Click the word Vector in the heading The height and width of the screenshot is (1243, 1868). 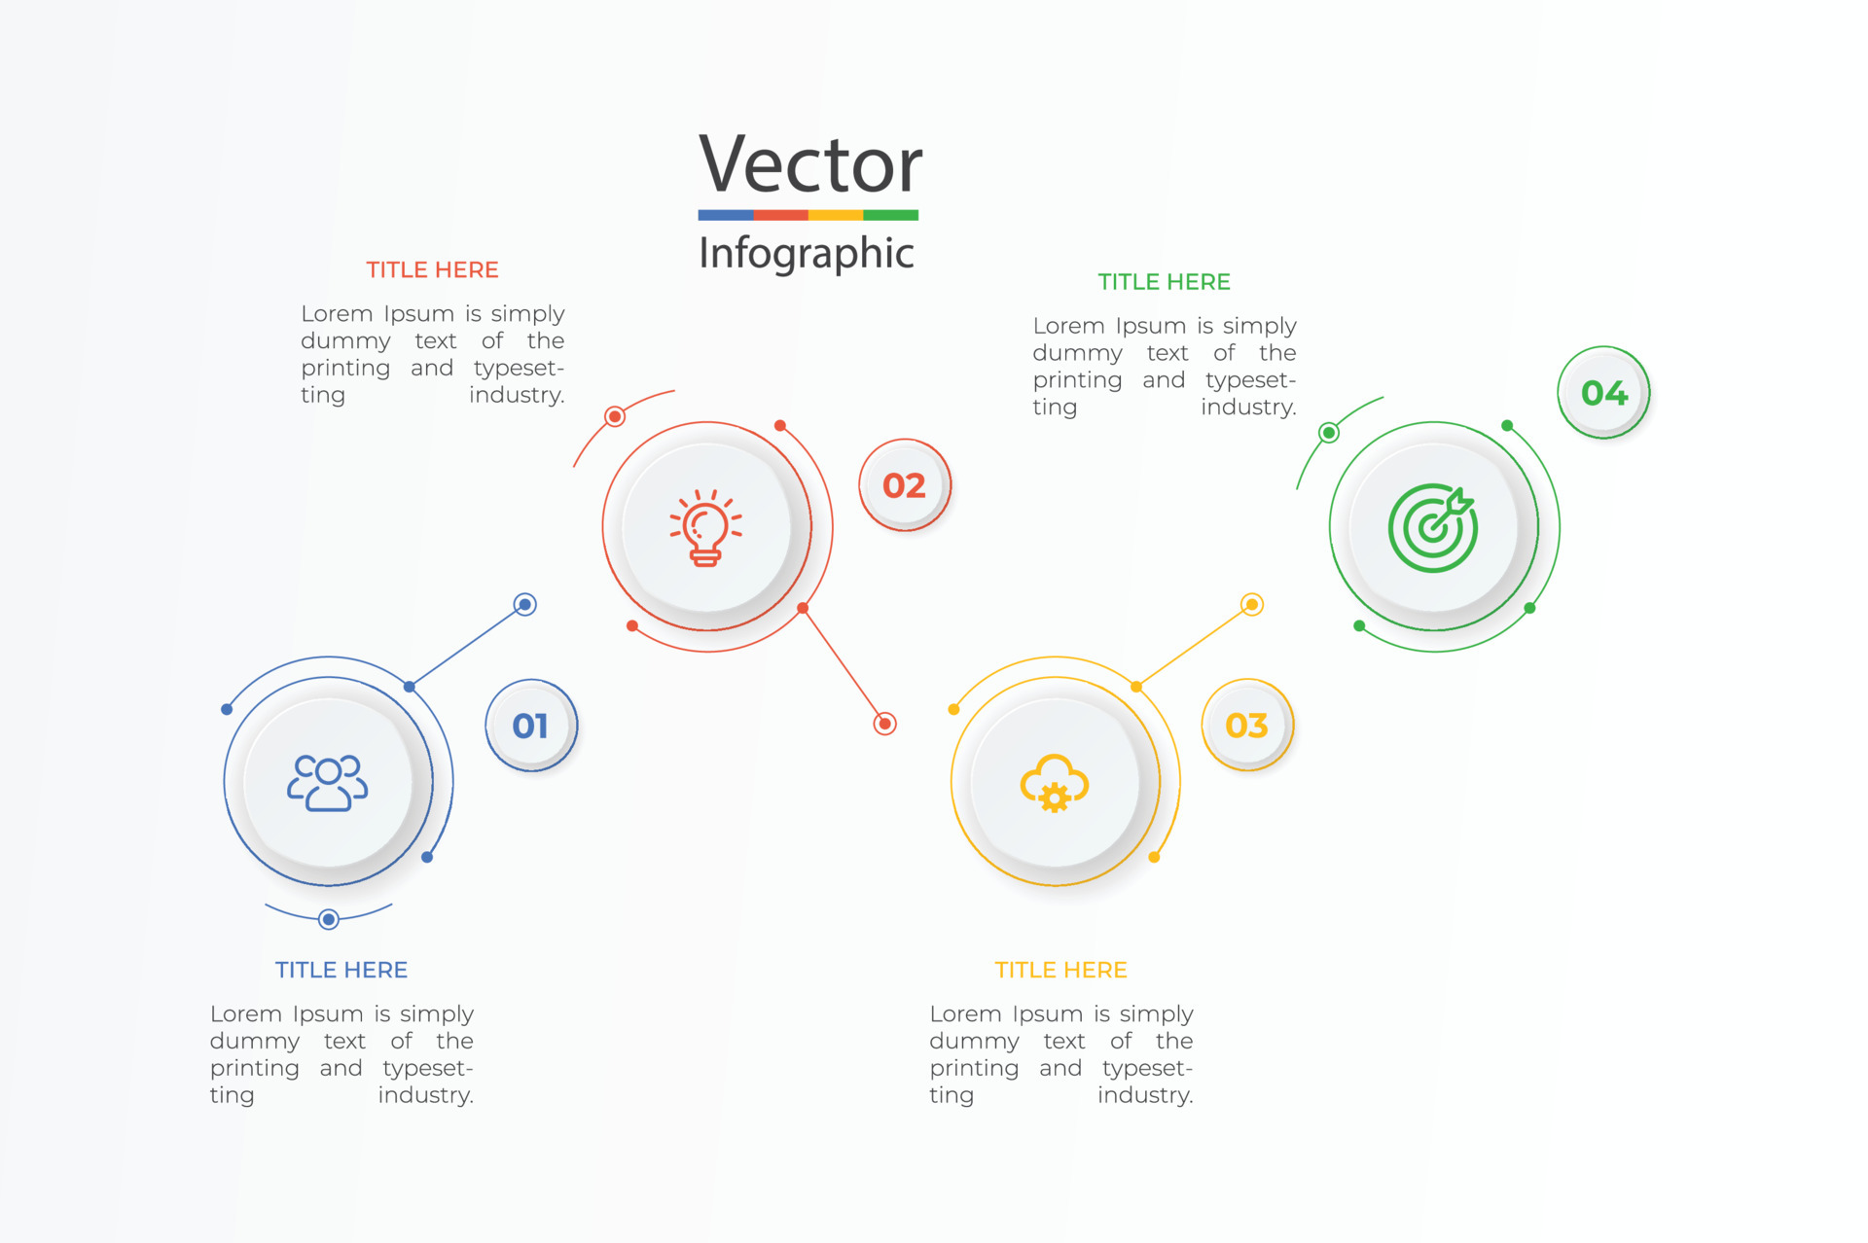(809, 163)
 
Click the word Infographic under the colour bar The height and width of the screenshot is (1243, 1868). (807, 253)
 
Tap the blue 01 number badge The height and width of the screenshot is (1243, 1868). (531, 726)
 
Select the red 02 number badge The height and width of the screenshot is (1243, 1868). (905, 485)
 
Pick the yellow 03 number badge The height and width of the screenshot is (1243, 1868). (1247, 726)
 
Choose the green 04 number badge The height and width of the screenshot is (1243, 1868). (1603, 393)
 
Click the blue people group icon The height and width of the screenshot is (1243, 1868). (328, 782)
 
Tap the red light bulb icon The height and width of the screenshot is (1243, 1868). (706, 528)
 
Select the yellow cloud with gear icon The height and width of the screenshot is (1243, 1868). (1055, 783)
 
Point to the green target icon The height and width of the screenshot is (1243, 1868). (1433, 528)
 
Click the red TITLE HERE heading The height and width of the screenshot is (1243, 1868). (432, 270)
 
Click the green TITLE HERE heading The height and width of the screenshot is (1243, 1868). (1164, 282)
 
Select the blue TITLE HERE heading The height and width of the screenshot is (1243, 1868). (341, 970)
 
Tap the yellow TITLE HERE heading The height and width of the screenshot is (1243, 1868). (1060, 970)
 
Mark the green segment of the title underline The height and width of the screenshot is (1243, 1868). (890, 215)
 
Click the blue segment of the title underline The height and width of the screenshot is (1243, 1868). (726, 215)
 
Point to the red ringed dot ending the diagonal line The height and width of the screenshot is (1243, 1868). (884, 724)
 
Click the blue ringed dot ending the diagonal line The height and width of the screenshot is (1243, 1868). (525, 605)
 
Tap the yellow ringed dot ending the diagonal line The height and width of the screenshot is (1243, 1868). (1252, 605)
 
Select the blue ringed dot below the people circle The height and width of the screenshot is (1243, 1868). (329, 919)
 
